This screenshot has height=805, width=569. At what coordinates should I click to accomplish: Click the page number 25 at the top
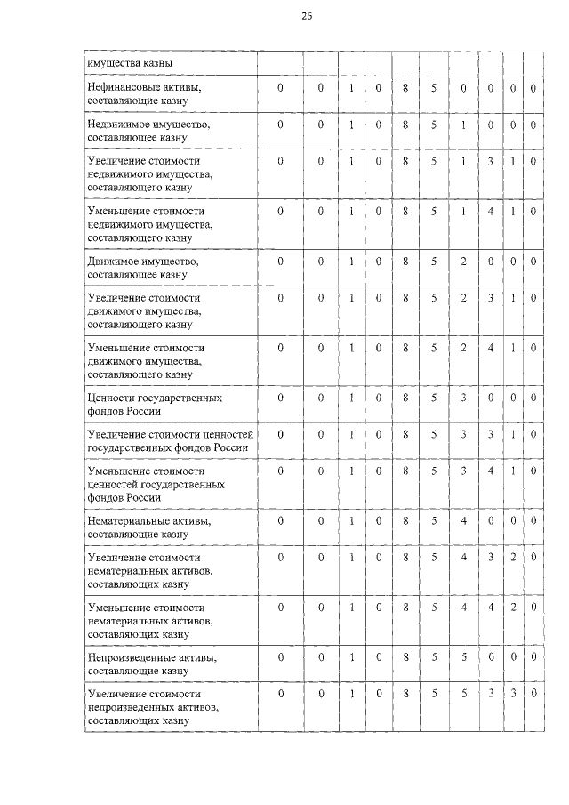[x=307, y=16]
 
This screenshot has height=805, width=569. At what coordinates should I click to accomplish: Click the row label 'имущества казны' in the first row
[x=129, y=63]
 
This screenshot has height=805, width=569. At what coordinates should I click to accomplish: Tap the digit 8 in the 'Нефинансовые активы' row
[x=405, y=88]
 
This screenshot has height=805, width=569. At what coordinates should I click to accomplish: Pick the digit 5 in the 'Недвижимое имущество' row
[x=435, y=125]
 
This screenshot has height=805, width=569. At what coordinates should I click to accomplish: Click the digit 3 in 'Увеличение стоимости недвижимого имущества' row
[x=490, y=161]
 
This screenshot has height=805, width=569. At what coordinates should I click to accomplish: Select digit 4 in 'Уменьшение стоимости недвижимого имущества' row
[x=490, y=211]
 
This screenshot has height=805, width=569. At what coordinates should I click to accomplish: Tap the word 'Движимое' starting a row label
[x=111, y=262]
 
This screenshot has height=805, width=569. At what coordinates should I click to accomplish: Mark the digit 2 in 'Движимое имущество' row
[x=463, y=262]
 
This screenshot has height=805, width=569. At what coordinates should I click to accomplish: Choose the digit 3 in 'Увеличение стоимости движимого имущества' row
[x=490, y=298]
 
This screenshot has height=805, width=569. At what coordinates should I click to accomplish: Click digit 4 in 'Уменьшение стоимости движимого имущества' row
[x=490, y=348]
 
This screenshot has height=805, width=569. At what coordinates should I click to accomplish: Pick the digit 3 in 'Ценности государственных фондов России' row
[x=463, y=398]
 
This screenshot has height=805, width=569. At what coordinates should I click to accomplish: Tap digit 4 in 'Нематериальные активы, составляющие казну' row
[x=463, y=519]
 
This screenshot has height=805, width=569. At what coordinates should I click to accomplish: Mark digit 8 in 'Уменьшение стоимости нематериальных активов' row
[x=405, y=607]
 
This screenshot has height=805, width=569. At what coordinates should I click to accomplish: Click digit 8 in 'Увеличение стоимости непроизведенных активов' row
[x=405, y=693]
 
